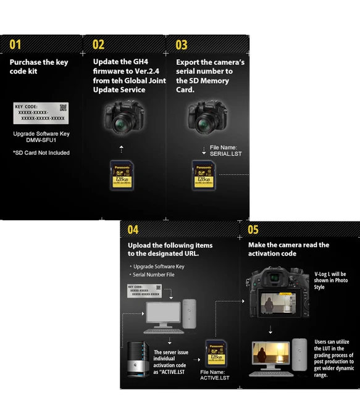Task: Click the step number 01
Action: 15,44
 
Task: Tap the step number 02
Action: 99,44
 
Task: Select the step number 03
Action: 182,44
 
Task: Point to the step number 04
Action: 133,230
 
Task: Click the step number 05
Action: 254,230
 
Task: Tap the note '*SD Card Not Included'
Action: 41,152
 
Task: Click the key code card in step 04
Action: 144,291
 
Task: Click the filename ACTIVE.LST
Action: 215,376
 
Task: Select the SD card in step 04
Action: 215,355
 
